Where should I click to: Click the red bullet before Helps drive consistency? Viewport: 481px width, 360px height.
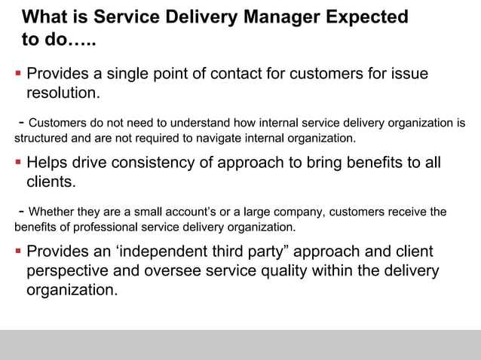(17, 163)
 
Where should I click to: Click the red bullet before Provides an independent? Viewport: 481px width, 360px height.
(17, 252)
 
